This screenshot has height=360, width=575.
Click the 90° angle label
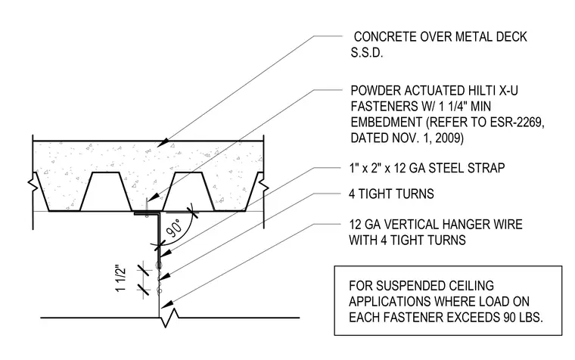(174, 228)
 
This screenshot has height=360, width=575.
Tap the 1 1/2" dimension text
(121, 278)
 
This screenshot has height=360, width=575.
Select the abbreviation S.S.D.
(367, 53)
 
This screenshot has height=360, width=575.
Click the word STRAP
(486, 168)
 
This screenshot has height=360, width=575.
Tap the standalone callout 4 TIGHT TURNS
(391, 194)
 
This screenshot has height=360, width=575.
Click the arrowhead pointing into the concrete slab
(164, 142)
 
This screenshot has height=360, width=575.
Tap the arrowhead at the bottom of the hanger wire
(167, 304)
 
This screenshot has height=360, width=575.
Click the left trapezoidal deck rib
(106, 191)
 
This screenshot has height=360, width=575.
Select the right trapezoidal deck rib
(189, 191)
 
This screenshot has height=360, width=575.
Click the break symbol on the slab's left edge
(33, 185)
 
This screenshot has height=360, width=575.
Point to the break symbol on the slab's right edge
(263, 185)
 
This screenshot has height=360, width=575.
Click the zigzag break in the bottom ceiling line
(169, 318)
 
